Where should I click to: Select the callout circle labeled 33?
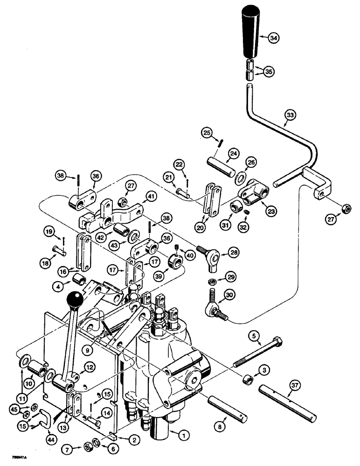(x=290, y=114)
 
